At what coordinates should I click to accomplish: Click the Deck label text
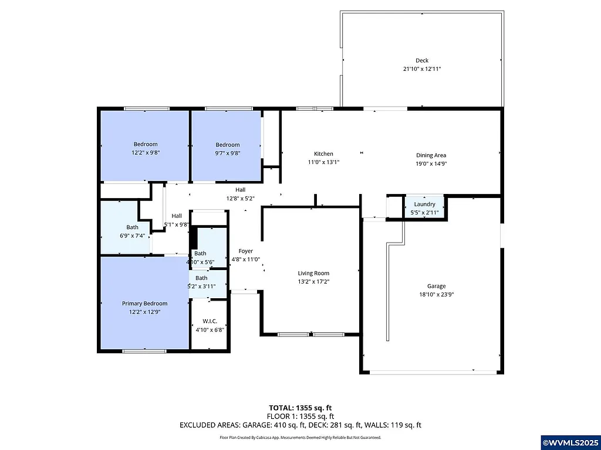422,60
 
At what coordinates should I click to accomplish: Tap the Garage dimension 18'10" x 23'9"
436,295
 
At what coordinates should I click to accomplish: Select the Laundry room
424,207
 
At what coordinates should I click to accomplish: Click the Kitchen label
323,154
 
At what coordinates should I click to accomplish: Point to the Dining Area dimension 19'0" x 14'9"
431,164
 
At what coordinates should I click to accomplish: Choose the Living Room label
313,273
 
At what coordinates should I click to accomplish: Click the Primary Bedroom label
144,304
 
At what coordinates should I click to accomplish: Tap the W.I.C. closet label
210,321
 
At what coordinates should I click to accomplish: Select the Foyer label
245,251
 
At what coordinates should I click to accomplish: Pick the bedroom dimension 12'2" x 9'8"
145,152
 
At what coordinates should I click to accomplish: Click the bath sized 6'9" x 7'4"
132,231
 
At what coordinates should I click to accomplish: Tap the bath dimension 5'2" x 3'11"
201,286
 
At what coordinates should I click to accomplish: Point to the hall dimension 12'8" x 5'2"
240,198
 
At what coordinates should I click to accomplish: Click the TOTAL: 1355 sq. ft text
300,408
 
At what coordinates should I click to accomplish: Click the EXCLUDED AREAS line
300,425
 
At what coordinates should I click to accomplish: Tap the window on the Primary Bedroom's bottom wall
143,351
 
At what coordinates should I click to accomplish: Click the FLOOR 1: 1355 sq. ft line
300,417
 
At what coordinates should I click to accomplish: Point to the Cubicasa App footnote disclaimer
300,438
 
